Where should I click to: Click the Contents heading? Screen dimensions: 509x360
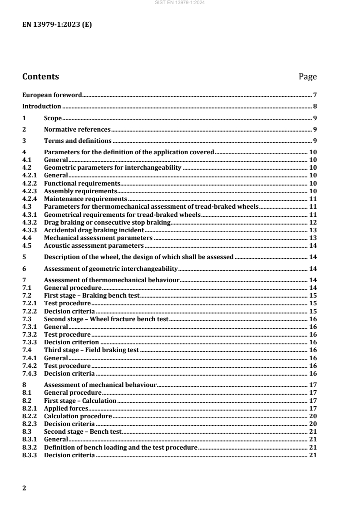tap(40, 77)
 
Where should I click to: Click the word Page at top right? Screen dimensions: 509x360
tap(307, 77)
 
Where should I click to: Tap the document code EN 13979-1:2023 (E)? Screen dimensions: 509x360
tap(57, 25)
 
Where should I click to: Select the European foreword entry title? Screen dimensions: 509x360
tap(52, 95)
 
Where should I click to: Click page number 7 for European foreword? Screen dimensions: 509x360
tap(315, 95)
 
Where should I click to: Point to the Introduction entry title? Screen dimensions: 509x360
tap(42, 107)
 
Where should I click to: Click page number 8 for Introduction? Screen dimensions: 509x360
tap(315, 107)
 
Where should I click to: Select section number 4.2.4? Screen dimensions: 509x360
tap(30, 199)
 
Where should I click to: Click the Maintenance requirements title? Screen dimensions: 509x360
tap(85, 199)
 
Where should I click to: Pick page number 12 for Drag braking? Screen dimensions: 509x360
tap(313, 222)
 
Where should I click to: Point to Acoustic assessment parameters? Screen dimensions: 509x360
tap(94, 245)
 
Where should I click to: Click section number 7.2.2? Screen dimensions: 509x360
tap(30, 311)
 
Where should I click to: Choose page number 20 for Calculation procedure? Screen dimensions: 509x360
tap(313, 416)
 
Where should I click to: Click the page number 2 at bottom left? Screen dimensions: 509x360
tap(25, 488)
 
